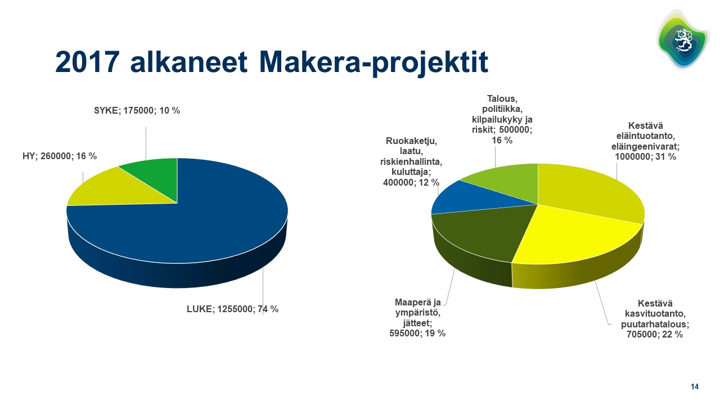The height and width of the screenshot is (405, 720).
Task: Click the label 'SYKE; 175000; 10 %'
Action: click(x=137, y=111)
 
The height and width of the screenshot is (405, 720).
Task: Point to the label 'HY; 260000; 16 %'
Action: click(x=60, y=156)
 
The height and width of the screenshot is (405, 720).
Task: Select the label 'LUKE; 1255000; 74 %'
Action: click(x=232, y=309)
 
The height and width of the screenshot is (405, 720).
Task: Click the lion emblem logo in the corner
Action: click(x=683, y=39)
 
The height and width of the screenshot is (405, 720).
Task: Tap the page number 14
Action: click(x=695, y=386)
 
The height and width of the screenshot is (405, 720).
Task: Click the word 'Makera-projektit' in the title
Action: click(x=373, y=62)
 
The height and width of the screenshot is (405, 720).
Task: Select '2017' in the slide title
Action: click(x=87, y=62)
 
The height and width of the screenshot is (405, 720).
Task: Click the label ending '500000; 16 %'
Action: click(x=502, y=119)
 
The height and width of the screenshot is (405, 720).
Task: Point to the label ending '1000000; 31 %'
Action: click(x=645, y=141)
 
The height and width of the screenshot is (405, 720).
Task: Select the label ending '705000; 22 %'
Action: click(x=655, y=319)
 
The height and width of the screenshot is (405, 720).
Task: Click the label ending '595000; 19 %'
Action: click(x=417, y=318)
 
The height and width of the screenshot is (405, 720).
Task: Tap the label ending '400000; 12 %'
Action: click(x=411, y=161)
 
